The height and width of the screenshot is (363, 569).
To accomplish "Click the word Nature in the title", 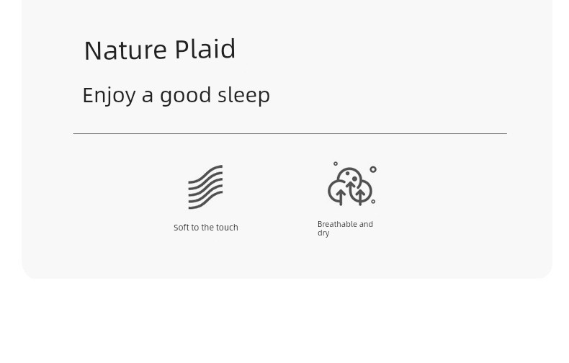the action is click(x=125, y=50).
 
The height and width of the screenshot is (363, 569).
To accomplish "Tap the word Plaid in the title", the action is click(x=205, y=49).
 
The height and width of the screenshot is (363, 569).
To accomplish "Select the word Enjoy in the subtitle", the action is click(x=109, y=97).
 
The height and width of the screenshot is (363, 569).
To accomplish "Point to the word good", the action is click(x=185, y=97).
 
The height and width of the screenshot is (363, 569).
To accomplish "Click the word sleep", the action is click(x=244, y=97).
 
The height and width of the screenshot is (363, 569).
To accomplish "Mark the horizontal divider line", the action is click(x=290, y=133).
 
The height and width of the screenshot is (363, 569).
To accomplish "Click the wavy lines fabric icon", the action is click(x=205, y=187).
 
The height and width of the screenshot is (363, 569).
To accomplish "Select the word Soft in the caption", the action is click(x=182, y=228).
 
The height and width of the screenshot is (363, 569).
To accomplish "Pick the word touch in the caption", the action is click(x=227, y=228).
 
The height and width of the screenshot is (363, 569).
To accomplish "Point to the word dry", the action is click(x=323, y=233).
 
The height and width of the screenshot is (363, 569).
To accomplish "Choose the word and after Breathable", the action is click(x=366, y=224).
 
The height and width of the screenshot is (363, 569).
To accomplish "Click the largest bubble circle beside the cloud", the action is click(x=373, y=169).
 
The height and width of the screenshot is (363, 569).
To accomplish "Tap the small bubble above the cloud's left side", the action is click(x=336, y=163).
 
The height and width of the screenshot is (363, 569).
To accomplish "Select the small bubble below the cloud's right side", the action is click(x=373, y=202).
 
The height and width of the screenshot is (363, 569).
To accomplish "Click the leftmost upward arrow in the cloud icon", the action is click(x=341, y=197).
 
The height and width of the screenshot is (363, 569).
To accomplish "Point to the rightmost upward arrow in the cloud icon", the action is click(x=360, y=197).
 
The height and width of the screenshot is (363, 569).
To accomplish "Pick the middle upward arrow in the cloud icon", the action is click(x=351, y=188).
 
